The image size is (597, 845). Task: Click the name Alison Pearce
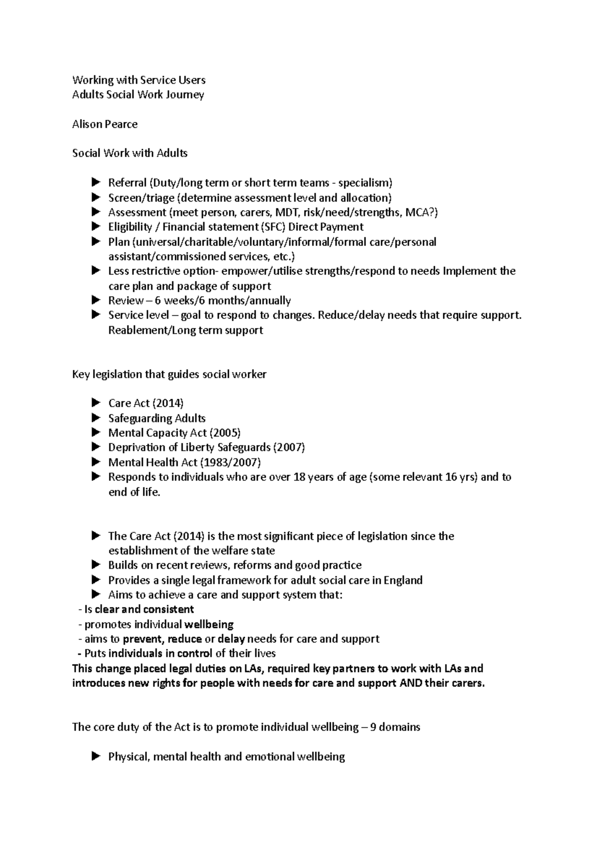[x=104, y=124]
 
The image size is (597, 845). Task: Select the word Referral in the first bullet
[x=127, y=183]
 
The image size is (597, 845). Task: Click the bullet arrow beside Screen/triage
[x=96, y=198]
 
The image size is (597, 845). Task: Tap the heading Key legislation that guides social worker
[x=169, y=374]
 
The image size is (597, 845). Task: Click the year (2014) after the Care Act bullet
[x=168, y=403]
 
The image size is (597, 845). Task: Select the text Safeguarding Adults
[x=157, y=418]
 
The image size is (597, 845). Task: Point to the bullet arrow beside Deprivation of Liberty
[x=96, y=447]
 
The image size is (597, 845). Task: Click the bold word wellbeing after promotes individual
[x=209, y=624]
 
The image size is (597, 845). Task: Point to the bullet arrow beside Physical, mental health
[x=96, y=756]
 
